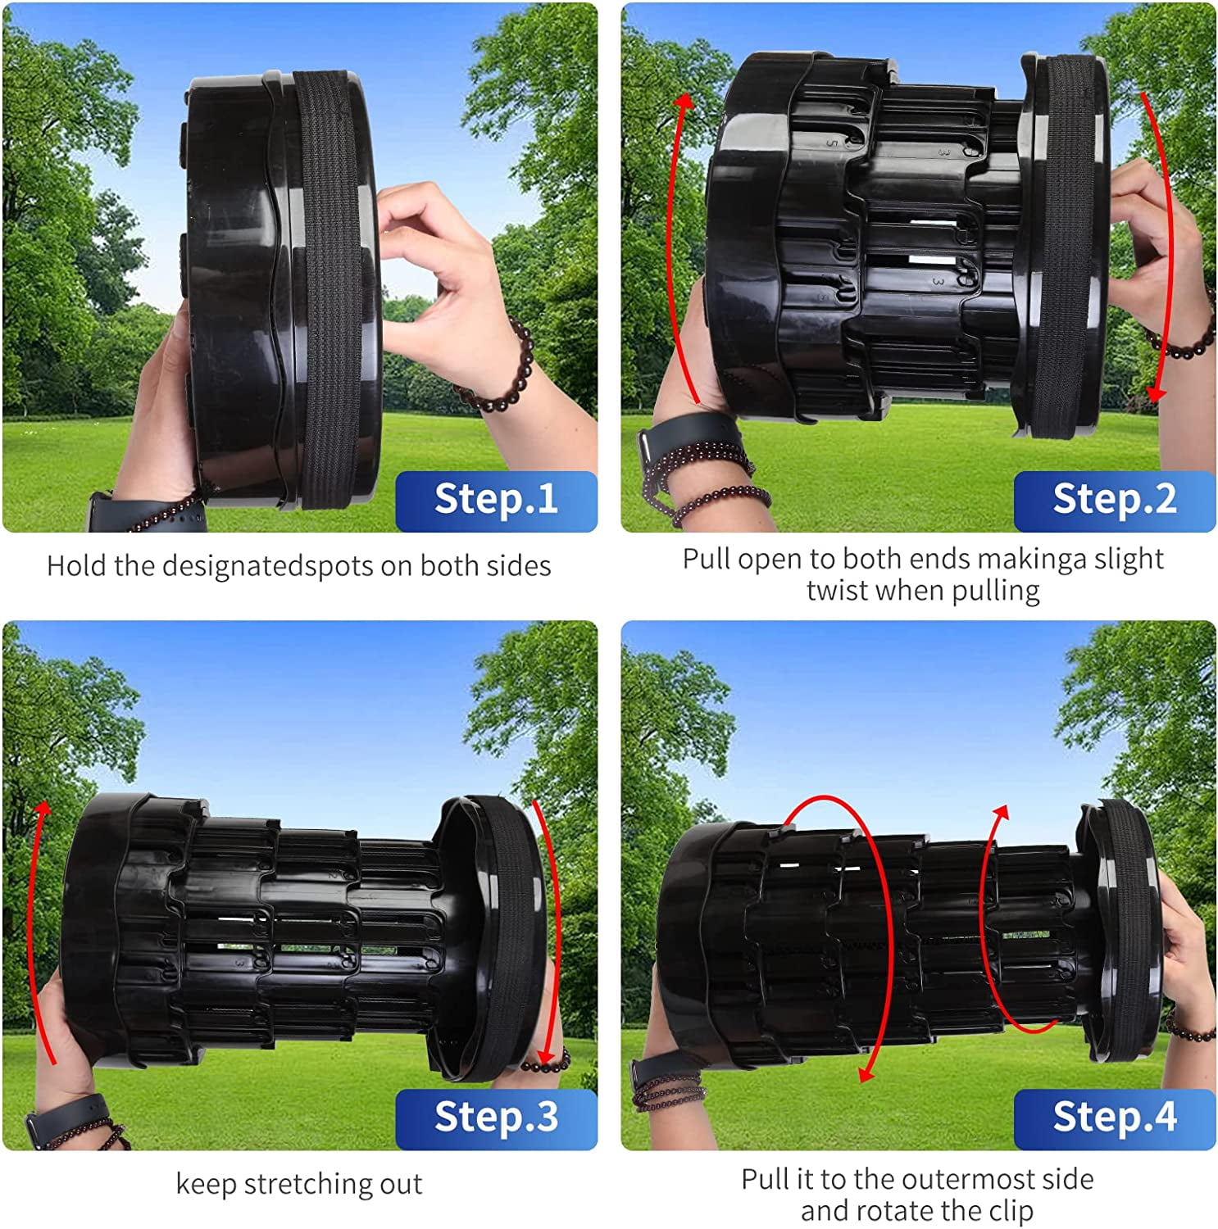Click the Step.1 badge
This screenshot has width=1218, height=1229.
pos(496,501)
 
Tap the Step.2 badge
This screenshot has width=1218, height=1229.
pos(1115,501)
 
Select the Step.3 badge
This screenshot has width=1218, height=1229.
pos(496,1118)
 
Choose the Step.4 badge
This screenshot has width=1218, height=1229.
pos(1115,1118)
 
